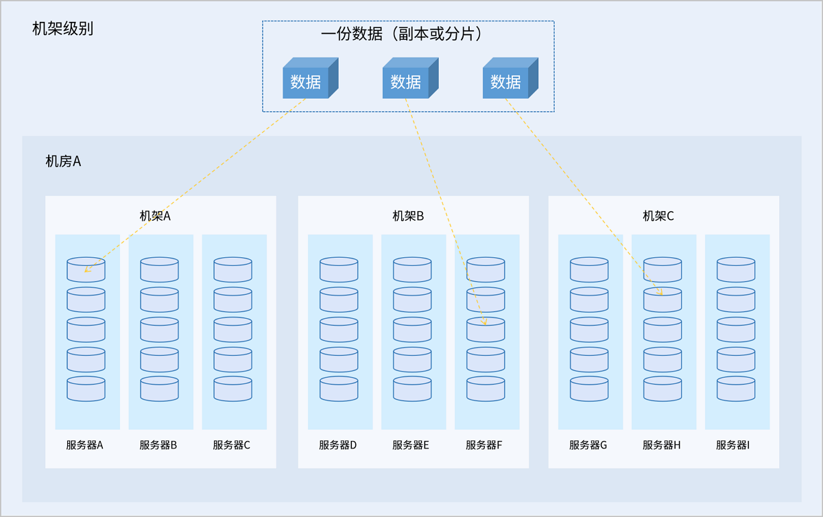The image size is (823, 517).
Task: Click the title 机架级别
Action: (63, 29)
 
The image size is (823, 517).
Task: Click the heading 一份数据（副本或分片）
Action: (407, 34)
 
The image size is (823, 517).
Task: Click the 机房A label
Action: (63, 161)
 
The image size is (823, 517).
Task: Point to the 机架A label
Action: (155, 216)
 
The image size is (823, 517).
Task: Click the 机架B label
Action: (408, 216)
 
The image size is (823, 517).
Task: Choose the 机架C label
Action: (658, 216)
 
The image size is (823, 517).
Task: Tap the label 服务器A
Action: (85, 445)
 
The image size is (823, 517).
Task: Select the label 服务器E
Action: (411, 445)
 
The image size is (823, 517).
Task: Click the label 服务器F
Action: (484, 445)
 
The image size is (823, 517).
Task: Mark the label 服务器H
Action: (662, 445)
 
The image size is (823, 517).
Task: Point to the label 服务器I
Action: (733, 445)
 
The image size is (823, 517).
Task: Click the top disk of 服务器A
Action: (86, 269)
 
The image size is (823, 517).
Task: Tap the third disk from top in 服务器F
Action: (486, 329)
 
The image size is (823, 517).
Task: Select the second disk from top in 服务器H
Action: (663, 300)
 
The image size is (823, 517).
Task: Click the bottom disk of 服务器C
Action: (232, 389)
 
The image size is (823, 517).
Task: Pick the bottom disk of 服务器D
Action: (339, 389)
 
